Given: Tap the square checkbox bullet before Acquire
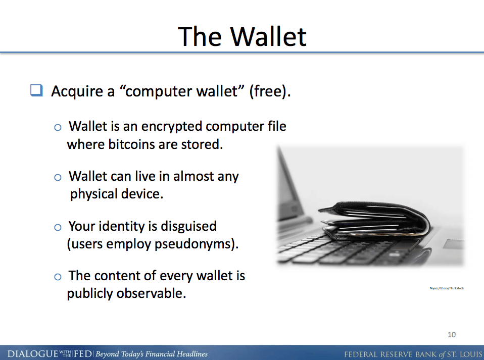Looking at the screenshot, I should click(x=36, y=91).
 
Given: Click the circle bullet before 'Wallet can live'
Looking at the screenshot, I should click(x=58, y=177).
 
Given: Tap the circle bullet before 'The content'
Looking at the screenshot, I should click(x=58, y=277).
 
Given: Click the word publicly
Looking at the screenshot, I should click(x=90, y=293).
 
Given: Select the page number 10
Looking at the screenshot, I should click(x=452, y=334).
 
